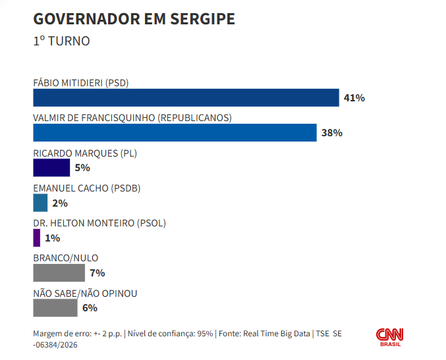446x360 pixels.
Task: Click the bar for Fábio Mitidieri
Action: click(x=186, y=98)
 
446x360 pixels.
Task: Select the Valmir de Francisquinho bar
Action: click(x=175, y=133)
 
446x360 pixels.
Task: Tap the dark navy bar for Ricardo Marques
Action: click(x=51, y=168)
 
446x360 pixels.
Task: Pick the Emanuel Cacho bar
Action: click(x=40, y=203)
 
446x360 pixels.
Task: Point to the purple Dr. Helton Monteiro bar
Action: click(x=37, y=238)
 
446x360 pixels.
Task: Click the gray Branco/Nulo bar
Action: click(x=59, y=272)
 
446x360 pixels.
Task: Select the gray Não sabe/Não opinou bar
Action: click(x=55, y=308)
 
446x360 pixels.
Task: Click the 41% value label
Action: click(x=354, y=98)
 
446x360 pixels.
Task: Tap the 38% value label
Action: click(x=332, y=133)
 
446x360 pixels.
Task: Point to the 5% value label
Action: click(x=82, y=168)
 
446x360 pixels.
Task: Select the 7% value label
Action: click(x=98, y=273)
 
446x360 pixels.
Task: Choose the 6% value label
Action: click(x=90, y=308)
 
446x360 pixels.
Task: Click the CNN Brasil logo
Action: click(x=390, y=337)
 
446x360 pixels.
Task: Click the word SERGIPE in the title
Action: click(x=202, y=19)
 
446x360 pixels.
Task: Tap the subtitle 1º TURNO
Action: click(x=61, y=41)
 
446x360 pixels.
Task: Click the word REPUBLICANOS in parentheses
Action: click(x=194, y=118)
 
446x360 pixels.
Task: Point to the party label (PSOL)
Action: click(x=152, y=223)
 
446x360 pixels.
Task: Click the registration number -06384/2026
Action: click(x=55, y=345)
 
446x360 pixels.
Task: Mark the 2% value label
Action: click(x=60, y=203)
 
